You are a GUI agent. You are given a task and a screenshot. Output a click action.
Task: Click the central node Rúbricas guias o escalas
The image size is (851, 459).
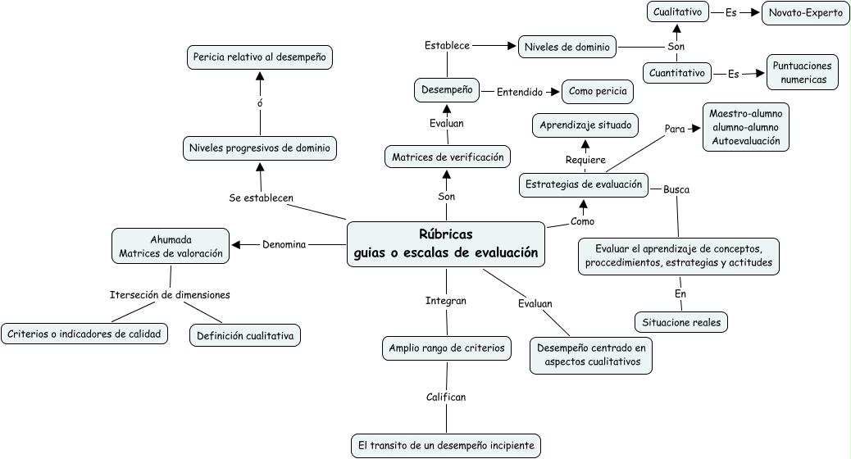[x=446, y=243]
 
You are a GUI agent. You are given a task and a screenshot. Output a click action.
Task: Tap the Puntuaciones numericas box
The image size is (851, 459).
[x=803, y=73]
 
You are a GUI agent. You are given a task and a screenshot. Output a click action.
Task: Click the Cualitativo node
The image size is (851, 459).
[x=676, y=12]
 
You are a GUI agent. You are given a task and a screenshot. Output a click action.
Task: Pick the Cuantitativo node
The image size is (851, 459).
[x=676, y=73]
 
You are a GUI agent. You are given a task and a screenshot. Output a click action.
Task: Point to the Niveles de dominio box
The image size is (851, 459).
[x=567, y=47]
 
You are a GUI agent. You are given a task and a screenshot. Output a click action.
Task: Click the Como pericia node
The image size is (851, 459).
[x=597, y=92]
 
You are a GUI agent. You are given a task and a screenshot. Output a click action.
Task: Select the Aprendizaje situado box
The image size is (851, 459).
[x=585, y=126]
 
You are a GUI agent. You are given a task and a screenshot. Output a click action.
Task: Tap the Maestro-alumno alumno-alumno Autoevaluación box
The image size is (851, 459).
[x=745, y=126]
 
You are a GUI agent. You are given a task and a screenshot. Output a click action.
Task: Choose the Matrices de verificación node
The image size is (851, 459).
[x=447, y=157]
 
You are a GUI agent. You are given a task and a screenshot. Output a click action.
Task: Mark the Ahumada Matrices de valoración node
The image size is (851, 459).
[x=171, y=246]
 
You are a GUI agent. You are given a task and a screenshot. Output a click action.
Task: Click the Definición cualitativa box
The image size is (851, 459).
[x=244, y=335]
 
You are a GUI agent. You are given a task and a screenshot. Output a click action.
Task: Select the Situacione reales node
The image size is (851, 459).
[x=680, y=322]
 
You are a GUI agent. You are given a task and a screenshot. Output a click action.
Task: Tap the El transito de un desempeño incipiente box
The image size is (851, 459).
[x=446, y=446]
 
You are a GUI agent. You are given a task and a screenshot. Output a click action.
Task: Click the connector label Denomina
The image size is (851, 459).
[x=284, y=244]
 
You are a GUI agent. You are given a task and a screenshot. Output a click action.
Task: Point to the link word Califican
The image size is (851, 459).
[x=446, y=398]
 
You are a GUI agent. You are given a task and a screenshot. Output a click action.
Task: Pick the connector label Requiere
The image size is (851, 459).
[x=585, y=160]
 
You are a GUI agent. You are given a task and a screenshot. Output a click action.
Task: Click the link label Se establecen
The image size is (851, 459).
[x=262, y=198]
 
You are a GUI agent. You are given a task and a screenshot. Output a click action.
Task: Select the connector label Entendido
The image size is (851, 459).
[x=520, y=92]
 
